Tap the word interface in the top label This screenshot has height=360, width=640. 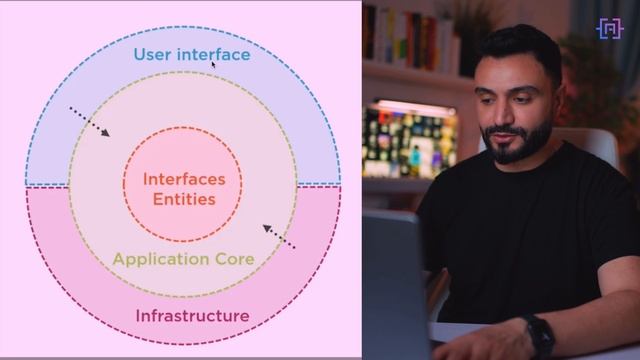(214, 54)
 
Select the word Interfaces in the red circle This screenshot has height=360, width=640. (183, 179)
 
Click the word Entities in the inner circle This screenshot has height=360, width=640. (183, 198)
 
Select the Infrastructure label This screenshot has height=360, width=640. (192, 316)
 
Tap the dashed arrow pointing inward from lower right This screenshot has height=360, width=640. (279, 237)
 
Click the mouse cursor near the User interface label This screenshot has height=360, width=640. (213, 62)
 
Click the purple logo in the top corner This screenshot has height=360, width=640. (609, 28)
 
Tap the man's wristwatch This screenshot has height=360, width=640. (538, 336)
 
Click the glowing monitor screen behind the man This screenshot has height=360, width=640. (409, 140)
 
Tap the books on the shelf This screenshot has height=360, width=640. (400, 35)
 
